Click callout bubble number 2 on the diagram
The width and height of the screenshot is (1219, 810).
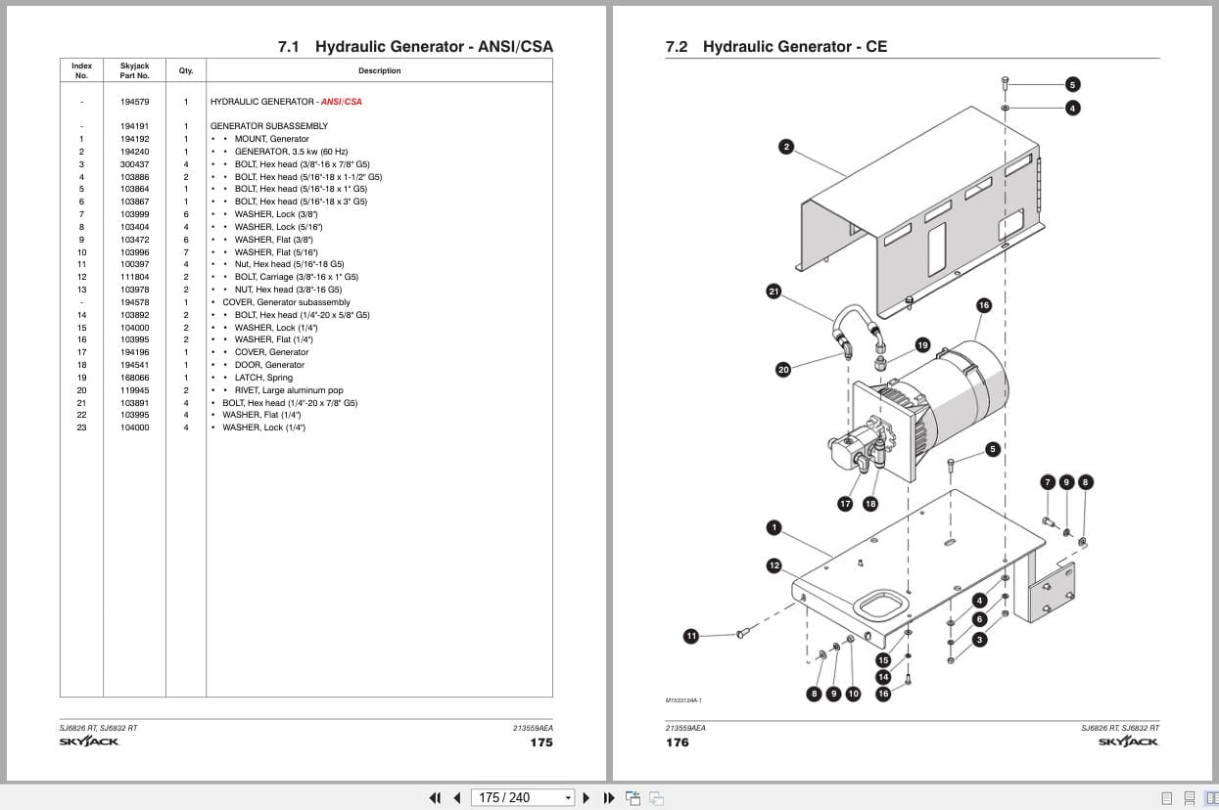(785, 147)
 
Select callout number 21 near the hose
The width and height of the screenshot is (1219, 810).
(774, 292)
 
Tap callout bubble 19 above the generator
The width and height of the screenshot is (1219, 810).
(922, 344)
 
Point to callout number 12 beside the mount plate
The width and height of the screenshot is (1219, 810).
(774, 565)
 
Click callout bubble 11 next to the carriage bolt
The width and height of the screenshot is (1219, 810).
(691, 636)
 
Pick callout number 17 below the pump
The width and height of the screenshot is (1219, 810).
(845, 504)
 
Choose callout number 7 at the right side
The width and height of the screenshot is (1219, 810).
(1048, 481)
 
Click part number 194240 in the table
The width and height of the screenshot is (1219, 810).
(135, 152)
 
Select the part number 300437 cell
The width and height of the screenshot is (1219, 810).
(135, 164)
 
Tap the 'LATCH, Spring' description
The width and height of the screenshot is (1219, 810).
(262, 378)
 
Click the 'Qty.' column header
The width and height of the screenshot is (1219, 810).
(185, 70)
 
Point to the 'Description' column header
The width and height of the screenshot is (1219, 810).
(379, 70)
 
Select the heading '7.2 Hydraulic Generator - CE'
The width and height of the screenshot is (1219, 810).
(775, 46)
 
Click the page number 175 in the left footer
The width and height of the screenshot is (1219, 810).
(540, 742)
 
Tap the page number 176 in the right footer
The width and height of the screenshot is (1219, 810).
(677, 742)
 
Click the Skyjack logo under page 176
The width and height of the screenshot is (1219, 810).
(1128, 742)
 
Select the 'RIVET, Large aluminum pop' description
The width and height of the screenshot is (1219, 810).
(288, 390)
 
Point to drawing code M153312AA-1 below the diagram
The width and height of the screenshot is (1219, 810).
(683, 700)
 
